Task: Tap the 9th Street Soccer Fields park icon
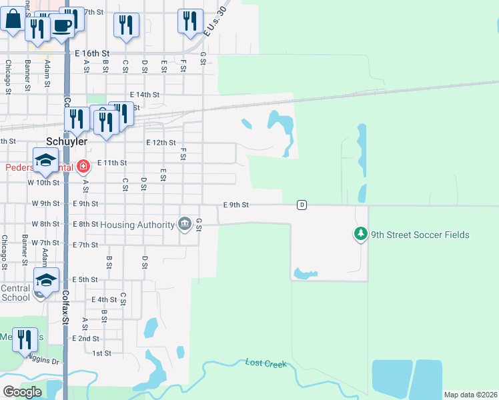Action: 360,234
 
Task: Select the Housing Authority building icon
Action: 184,225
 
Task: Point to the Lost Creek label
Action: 266,363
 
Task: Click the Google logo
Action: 22,392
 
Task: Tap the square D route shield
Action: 302,205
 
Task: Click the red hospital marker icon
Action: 83,166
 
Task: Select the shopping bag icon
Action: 13,19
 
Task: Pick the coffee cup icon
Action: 62,26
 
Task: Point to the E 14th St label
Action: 145,95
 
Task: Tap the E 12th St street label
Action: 161,143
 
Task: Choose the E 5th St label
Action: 85,279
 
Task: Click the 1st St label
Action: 101,353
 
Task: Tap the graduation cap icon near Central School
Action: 46,280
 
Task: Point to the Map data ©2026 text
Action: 470,395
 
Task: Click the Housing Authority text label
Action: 137,225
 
